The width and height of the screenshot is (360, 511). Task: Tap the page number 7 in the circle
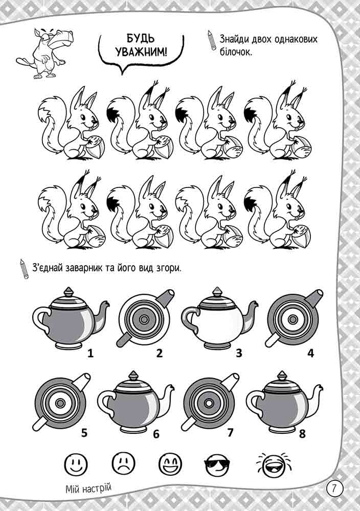tap(333, 489)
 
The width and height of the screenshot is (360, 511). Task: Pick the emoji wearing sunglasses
tap(217, 463)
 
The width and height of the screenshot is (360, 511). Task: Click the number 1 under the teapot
tap(91, 353)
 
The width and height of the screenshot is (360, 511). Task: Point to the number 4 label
tap(310, 353)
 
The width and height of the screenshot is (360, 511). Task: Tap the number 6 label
tap(156, 434)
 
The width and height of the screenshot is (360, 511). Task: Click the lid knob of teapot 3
tap(217, 292)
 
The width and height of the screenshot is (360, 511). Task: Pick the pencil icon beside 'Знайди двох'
tap(212, 40)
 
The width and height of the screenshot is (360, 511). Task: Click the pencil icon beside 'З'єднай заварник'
tap(24, 269)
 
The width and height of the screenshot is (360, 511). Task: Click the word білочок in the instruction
tap(235, 52)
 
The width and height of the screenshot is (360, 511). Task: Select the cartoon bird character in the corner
tap(46, 53)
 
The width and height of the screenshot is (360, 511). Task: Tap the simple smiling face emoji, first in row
tap(76, 463)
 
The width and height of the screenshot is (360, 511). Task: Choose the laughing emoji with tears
tap(273, 463)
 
